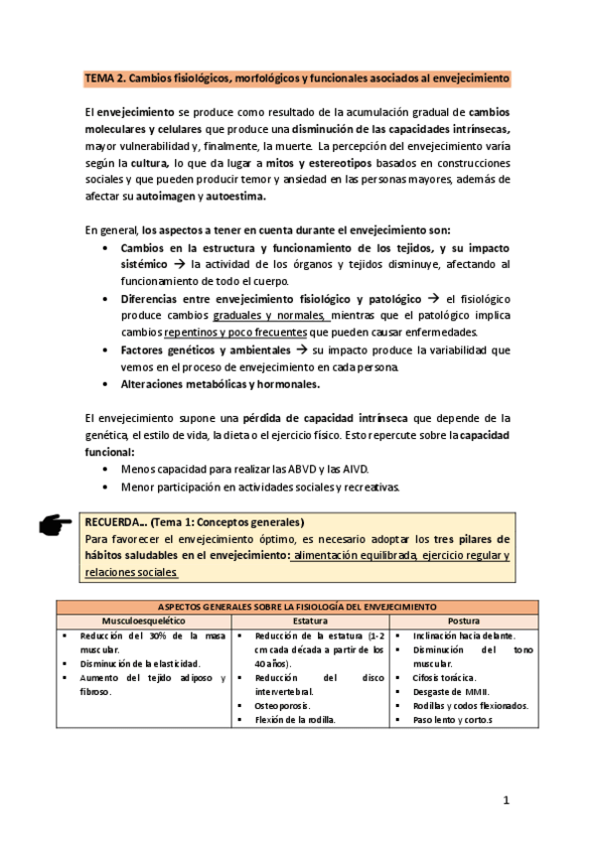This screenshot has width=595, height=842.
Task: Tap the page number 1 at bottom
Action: [506, 799]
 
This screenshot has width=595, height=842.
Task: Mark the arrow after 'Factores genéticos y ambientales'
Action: [302, 350]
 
